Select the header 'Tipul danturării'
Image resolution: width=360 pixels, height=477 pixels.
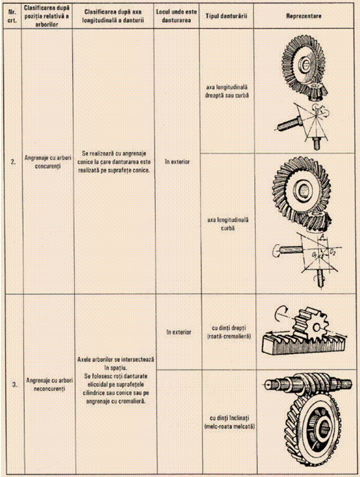(226, 16)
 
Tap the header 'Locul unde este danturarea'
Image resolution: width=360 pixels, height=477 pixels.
(176, 16)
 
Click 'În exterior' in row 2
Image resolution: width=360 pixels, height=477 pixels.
(176, 162)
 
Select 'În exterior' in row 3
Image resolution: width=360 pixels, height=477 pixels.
(179, 332)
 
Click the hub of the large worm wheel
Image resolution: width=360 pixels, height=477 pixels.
(320, 428)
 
